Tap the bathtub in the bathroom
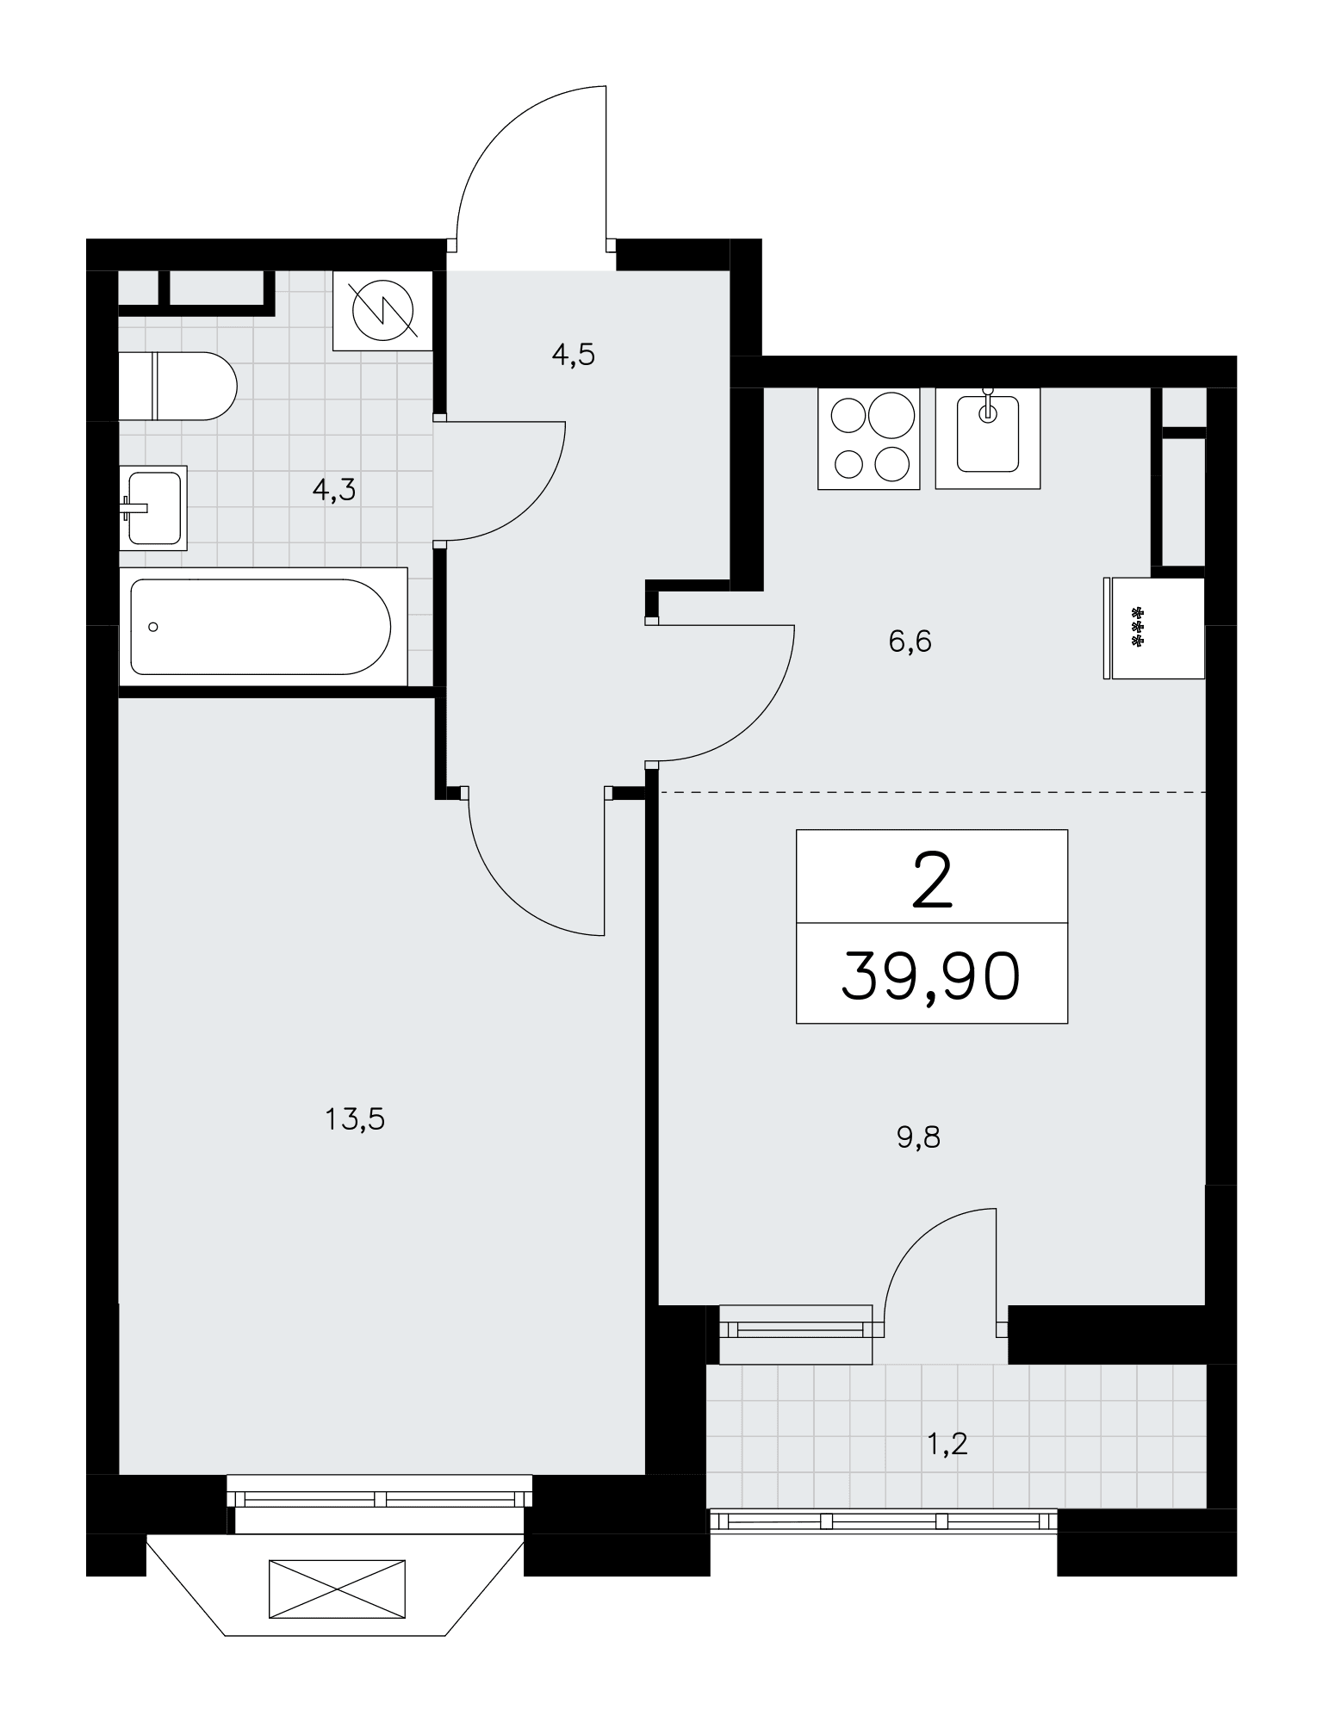[263, 627]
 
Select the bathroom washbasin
[153, 507]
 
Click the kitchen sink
[988, 438]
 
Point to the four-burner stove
[869, 438]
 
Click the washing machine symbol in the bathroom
[382, 311]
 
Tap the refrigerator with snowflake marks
[1154, 628]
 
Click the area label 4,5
[574, 355]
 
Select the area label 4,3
[334, 491]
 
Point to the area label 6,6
[910, 641]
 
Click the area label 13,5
[355, 1119]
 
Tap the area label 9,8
[919, 1137]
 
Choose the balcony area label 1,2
[947, 1444]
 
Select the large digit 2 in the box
[932, 881]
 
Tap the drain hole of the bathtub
[153, 627]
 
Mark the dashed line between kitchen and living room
[932, 791]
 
